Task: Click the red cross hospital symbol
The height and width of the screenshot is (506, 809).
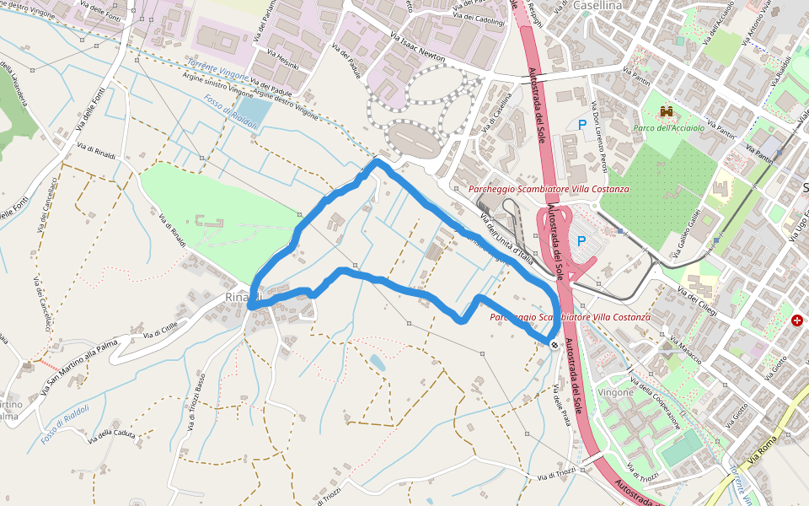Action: coord(797,320)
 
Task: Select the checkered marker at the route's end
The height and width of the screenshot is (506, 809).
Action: coord(554,344)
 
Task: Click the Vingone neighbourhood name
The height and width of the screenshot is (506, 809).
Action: coord(615,392)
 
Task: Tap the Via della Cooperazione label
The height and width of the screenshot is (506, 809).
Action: coord(656,405)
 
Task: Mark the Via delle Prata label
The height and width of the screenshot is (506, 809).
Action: coord(561,405)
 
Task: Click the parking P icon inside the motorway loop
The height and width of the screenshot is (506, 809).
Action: coord(581,241)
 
